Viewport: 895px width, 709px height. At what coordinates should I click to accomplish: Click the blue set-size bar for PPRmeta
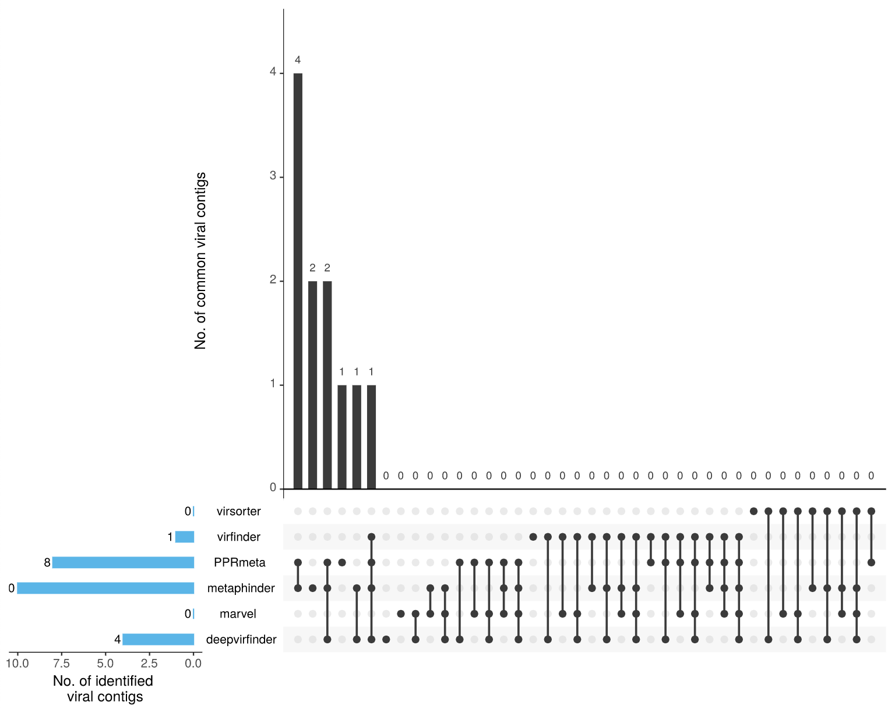click(123, 562)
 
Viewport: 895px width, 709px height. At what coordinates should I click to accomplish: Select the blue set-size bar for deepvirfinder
click(158, 639)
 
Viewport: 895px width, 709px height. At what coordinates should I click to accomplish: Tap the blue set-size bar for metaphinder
click(105, 588)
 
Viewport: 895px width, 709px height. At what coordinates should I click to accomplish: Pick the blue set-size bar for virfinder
click(185, 537)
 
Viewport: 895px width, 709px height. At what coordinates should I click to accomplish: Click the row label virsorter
click(238, 512)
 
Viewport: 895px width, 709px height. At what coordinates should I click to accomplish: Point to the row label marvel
click(238, 614)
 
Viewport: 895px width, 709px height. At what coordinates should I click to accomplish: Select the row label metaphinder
click(241, 589)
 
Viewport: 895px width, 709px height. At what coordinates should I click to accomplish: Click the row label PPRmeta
click(239, 563)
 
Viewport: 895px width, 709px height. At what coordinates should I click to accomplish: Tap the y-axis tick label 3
click(273, 176)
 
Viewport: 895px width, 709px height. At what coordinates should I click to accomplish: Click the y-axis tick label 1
click(273, 384)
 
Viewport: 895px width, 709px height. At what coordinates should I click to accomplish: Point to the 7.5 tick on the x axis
click(61, 664)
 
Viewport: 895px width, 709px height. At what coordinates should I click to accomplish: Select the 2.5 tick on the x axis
click(149, 664)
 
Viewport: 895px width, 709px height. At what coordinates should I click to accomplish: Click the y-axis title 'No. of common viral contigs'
click(200, 260)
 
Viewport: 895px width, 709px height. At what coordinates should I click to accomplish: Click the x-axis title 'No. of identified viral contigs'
click(103, 689)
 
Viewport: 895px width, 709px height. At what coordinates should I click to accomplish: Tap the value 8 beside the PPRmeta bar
click(47, 563)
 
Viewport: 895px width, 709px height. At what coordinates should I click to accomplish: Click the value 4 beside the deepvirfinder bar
click(117, 640)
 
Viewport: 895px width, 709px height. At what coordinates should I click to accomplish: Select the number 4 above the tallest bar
click(298, 60)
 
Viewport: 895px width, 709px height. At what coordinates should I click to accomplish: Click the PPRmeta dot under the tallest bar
click(298, 562)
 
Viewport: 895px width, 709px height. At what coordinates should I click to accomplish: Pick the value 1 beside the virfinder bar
click(170, 537)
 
